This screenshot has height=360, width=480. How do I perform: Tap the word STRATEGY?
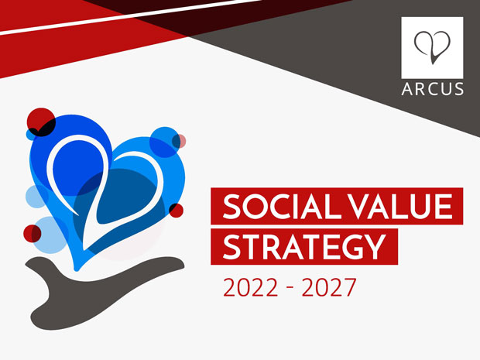(304, 247)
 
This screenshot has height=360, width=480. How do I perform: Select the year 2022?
(250, 287)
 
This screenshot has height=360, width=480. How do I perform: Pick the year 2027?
(329, 287)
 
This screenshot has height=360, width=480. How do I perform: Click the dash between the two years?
(290, 287)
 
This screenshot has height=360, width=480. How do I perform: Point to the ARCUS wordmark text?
(432, 89)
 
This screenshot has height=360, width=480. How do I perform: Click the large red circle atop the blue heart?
(41, 122)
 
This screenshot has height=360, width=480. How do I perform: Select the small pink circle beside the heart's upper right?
(179, 141)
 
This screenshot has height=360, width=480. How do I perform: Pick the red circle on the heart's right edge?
(176, 211)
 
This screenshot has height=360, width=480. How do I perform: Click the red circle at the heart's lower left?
(33, 234)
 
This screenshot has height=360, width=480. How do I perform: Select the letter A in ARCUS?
(407, 89)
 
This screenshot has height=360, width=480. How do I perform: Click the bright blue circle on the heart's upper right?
(166, 142)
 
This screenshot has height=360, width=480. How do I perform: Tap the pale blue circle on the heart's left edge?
(36, 196)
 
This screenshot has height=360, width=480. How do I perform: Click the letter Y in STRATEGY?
(376, 247)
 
